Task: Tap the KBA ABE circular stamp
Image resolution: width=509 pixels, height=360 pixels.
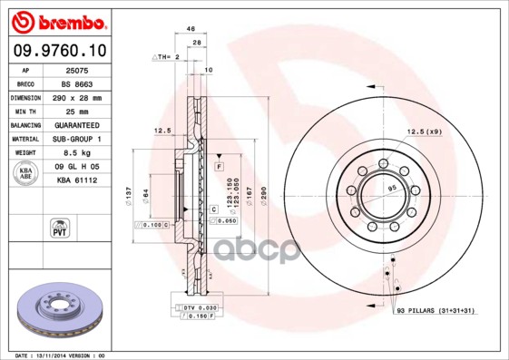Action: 25,173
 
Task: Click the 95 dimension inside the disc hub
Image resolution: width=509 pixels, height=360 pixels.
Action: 392,188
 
